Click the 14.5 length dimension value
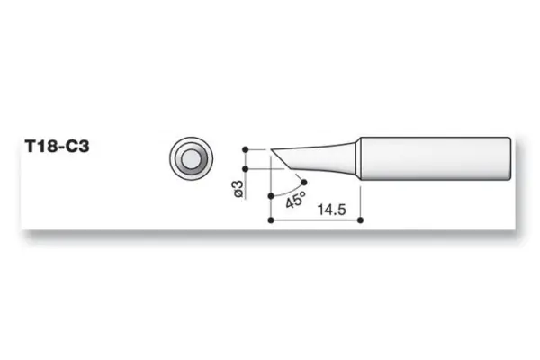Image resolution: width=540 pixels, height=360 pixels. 330,209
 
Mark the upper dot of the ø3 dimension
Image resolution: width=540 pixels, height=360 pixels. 244,148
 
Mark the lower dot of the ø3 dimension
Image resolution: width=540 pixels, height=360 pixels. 244,168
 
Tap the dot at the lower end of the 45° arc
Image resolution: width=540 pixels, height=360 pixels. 271,193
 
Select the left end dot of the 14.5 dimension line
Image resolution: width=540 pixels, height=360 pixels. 271,219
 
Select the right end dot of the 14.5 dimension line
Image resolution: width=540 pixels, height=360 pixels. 360,219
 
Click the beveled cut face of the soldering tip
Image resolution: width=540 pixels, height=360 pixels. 282,159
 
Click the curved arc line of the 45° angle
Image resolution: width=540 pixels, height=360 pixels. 290,191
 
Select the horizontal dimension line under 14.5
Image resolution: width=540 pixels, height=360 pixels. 315,219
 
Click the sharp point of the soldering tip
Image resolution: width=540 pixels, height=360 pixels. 270,148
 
